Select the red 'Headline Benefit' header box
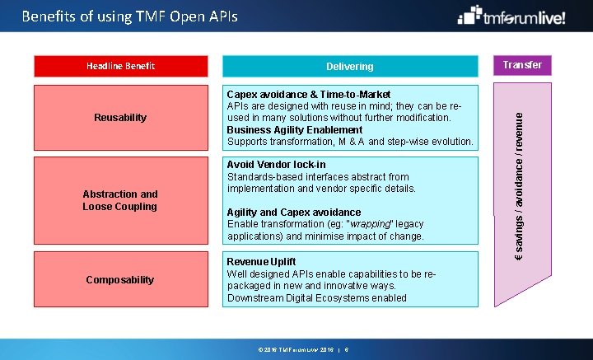[120, 66]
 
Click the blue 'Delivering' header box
[349, 67]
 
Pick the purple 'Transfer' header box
[522, 65]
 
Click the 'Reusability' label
[120, 118]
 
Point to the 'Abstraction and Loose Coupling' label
[120, 200]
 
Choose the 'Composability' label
[120, 280]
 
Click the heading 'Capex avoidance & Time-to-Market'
[309, 95]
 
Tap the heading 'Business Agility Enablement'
[294, 130]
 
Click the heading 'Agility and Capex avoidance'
[293, 213]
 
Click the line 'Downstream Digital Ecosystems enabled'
[317, 297]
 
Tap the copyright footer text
[303, 349]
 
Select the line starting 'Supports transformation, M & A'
[350, 142]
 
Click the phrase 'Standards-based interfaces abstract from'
[318, 176]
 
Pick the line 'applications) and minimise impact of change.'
[325, 236]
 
